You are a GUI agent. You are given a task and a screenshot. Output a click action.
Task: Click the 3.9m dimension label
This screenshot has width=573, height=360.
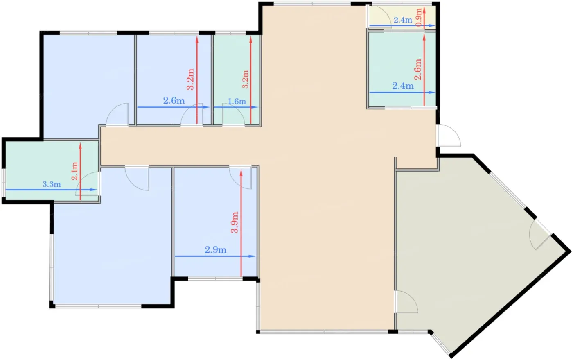coord(235,222)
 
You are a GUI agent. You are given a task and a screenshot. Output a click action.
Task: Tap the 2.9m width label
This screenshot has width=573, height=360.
coord(215,250)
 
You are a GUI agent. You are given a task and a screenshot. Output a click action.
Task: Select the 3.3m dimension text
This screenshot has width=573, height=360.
coord(52,184)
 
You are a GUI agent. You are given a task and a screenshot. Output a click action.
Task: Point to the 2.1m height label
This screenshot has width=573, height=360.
coord(74,171)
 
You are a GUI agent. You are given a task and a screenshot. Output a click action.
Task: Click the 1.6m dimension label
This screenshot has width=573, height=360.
coord(237,102)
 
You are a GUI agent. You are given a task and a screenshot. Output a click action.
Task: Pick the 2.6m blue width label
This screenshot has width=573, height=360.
coord(174,101)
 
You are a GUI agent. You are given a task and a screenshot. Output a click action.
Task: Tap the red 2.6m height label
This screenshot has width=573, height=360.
coord(417,69)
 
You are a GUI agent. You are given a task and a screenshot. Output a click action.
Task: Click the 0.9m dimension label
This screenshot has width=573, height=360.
coord(418,17)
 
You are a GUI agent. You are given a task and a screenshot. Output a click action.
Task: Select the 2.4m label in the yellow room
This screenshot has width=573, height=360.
coord(403,20)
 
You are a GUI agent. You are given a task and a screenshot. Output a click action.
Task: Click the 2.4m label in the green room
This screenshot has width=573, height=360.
coord(403,86)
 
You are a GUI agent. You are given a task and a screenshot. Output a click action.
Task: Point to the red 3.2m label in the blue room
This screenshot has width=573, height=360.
coord(190,79)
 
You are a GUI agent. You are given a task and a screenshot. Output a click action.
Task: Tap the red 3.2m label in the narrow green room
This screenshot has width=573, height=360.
coord(245,79)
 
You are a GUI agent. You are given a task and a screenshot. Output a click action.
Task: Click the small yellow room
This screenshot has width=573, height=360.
coord(402,16)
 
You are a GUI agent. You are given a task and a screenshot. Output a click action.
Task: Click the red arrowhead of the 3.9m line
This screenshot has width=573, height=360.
coord(241,172)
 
